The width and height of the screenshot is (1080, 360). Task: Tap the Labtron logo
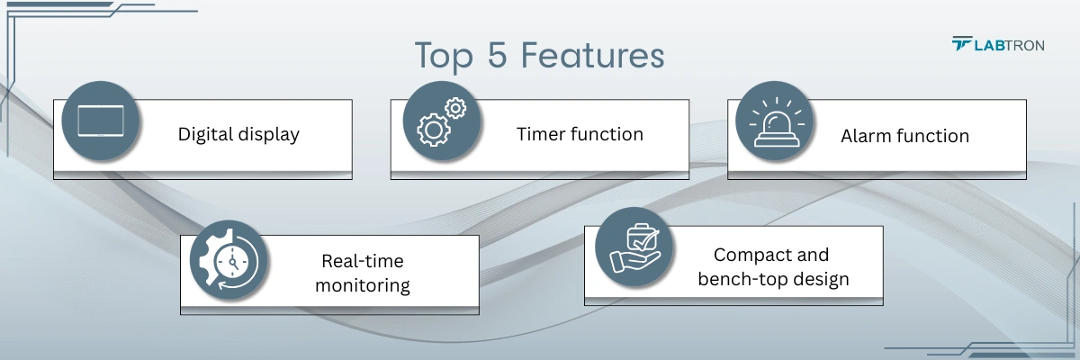click(997, 44)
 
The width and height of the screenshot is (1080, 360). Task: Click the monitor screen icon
click(100, 121)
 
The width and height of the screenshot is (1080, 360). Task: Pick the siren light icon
click(775, 121)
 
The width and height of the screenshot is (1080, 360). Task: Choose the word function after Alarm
click(932, 136)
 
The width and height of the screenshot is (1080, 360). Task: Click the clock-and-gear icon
click(229, 261)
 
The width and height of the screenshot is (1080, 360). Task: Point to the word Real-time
click(363, 261)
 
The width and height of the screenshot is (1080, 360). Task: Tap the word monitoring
click(363, 285)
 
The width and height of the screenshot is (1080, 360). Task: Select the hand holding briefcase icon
click(635, 247)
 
